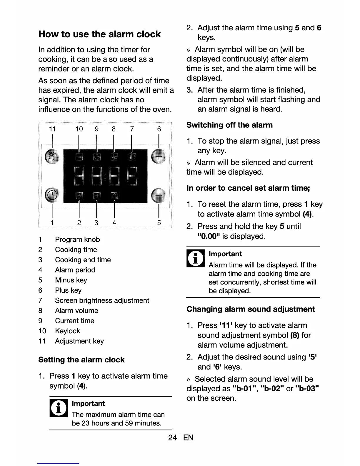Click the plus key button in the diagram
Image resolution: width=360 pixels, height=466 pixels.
pos(158,156)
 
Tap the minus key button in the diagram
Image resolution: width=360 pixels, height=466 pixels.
pos(158,195)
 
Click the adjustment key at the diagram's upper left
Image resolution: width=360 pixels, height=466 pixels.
pos(52,156)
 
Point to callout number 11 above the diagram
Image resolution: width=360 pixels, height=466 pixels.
pos(52,129)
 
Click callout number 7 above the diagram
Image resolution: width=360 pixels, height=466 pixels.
pos(132,129)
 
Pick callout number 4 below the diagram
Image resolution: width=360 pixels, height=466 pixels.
pos(114,223)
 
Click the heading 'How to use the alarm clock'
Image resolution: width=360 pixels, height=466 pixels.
pos(99,34)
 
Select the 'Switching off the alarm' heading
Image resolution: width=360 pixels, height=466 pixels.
pos(229,125)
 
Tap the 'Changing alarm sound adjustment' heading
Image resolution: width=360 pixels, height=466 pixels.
pos(251,309)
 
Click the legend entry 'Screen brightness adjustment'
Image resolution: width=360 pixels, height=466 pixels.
pos(102,300)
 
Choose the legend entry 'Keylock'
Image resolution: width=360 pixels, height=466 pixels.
pos(67,331)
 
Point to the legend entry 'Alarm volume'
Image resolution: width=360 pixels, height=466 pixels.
pos(76,311)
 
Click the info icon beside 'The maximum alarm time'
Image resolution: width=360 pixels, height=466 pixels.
pos(59,408)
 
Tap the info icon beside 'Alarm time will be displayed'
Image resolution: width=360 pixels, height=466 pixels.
pos(195,259)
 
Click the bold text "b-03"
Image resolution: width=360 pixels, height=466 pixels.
pos(307,389)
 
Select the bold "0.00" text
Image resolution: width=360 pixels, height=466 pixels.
pos(209,236)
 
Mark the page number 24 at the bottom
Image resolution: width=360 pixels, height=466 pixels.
pos(172,438)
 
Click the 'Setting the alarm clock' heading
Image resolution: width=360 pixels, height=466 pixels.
pos(81,360)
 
